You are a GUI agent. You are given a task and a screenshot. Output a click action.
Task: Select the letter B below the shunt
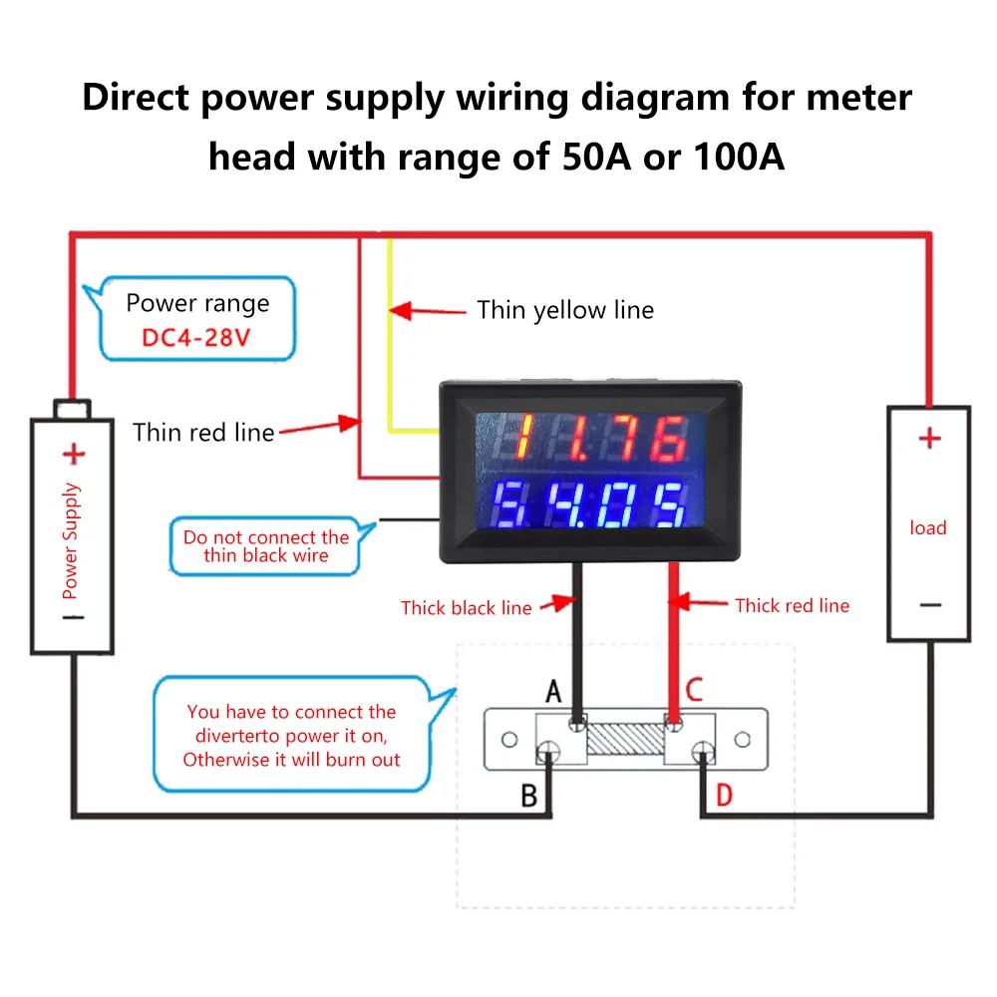point(529,796)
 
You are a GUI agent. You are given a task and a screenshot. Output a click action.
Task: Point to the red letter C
point(694,690)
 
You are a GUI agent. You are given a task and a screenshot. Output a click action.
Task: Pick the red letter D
point(724,796)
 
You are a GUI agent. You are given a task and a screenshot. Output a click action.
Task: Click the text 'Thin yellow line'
point(565,310)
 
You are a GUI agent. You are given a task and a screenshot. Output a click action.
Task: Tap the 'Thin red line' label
point(203,432)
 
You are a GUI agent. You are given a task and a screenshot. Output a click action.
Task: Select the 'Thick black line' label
point(466,607)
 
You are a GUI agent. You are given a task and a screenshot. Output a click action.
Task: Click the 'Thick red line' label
point(792,605)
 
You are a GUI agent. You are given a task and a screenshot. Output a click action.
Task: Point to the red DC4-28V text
point(195,337)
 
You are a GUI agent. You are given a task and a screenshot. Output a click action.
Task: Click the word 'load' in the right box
point(927,527)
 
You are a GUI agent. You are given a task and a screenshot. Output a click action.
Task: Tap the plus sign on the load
point(928,438)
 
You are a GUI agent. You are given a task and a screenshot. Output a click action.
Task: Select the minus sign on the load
point(928,604)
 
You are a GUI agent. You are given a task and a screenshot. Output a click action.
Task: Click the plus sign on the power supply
point(74,455)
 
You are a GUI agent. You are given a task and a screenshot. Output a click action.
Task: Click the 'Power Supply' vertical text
point(71,540)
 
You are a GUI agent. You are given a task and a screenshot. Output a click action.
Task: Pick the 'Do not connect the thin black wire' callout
point(266,546)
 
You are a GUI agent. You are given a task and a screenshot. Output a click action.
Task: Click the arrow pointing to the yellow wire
point(429,311)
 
